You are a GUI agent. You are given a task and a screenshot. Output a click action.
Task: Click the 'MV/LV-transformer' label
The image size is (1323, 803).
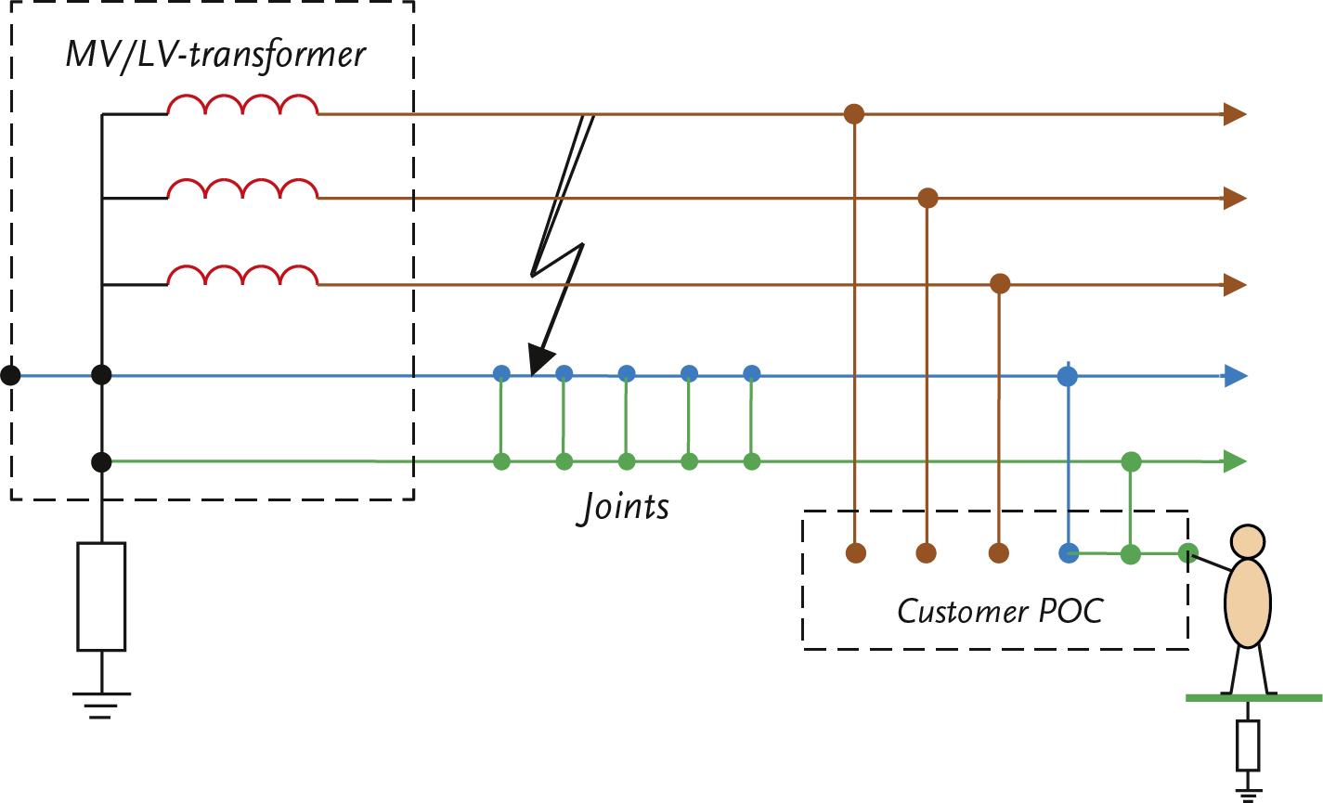point(215,55)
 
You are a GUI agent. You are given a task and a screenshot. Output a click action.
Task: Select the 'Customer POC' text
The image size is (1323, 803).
point(1000,612)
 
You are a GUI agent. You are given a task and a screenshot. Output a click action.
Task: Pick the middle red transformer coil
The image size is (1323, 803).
point(242,189)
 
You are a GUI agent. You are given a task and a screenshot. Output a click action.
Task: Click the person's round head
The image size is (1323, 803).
point(1247,541)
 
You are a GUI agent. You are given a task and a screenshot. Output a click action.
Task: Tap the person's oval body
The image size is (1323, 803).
point(1247,602)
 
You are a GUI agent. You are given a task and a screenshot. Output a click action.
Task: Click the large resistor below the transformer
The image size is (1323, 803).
point(101,596)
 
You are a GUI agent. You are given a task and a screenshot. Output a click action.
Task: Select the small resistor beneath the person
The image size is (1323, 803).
point(1248,745)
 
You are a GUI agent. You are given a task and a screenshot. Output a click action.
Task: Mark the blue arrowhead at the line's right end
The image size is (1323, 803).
point(1236,376)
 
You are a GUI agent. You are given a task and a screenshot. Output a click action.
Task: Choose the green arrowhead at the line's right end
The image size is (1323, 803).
point(1236,461)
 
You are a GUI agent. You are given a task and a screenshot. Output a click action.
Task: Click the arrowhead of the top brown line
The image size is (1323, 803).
point(1236,114)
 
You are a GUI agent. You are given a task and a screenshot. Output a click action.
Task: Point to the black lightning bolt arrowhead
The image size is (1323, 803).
point(539,358)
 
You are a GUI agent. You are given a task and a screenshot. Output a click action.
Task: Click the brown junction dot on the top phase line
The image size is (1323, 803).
point(854,114)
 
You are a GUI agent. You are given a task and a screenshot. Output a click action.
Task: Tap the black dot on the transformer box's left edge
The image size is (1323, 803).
point(10,375)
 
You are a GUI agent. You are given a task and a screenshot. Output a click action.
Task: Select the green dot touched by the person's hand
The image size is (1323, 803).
point(1187,554)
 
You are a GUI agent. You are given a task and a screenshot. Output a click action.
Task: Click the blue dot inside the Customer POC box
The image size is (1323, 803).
point(1069,553)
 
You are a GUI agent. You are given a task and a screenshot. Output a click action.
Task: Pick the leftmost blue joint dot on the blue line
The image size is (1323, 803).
point(501,374)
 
